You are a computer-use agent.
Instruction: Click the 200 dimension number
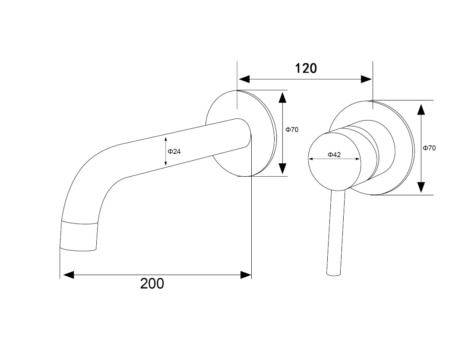click(152, 284)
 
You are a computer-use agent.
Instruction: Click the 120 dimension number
click(306, 68)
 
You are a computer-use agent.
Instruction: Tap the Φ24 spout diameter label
click(174, 151)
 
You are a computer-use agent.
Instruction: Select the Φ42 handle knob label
click(334, 155)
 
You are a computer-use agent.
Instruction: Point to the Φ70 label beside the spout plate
click(292, 130)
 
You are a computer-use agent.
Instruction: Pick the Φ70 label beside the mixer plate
click(429, 148)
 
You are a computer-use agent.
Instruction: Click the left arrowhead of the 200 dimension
click(69, 275)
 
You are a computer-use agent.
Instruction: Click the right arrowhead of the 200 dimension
click(246, 275)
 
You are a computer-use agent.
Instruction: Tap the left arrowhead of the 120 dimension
click(244, 79)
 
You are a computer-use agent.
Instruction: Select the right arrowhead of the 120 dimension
click(366, 79)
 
